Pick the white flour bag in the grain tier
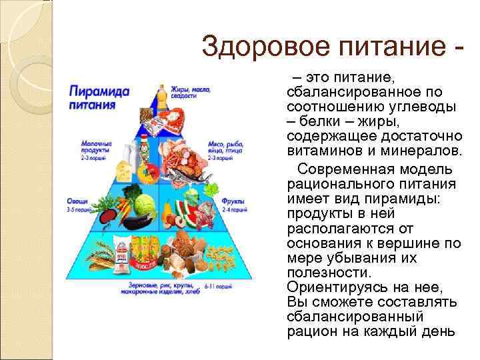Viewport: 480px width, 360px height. (123, 257)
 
